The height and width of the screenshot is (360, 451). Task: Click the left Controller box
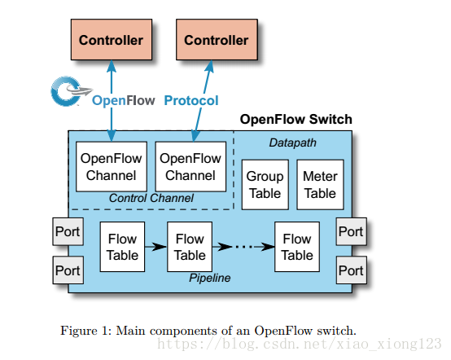tap(112, 40)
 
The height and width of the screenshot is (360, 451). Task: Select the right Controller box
tap(217, 40)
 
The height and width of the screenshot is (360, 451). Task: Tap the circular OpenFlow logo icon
tap(67, 91)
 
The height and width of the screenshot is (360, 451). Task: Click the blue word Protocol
tap(191, 101)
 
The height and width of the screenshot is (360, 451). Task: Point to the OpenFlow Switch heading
tap(296, 119)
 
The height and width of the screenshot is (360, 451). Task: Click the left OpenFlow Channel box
tap(112, 167)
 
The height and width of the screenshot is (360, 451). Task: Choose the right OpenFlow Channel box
tap(190, 167)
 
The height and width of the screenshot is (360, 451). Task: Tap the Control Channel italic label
tap(151, 198)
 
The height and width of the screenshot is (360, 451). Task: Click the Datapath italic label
tap(292, 143)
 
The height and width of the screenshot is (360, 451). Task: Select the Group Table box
tap(265, 185)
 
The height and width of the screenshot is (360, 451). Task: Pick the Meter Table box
tap(320, 185)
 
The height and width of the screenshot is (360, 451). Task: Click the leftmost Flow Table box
tap(122, 247)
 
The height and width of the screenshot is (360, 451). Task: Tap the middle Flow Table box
tap(190, 247)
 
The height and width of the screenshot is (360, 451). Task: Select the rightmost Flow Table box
tap(297, 247)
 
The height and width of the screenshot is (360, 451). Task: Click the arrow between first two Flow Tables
tap(155, 247)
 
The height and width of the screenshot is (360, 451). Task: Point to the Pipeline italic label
tap(210, 278)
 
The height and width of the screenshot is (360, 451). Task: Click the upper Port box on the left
tap(68, 231)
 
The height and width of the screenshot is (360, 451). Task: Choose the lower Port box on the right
tap(352, 270)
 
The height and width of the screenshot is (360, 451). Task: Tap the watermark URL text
tap(299, 344)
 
